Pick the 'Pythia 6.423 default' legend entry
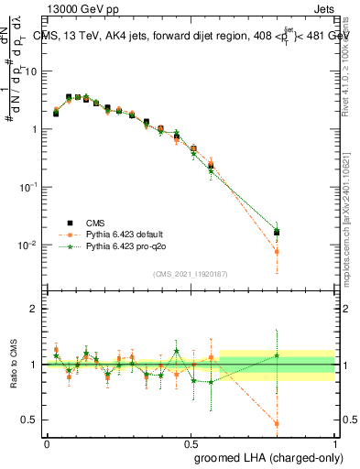coord(126,234)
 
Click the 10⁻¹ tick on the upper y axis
coord(32,187)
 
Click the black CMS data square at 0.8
coord(277,233)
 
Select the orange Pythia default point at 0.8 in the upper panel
coord(277,251)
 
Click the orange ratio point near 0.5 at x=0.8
coord(277,423)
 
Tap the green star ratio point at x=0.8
coord(277,355)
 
